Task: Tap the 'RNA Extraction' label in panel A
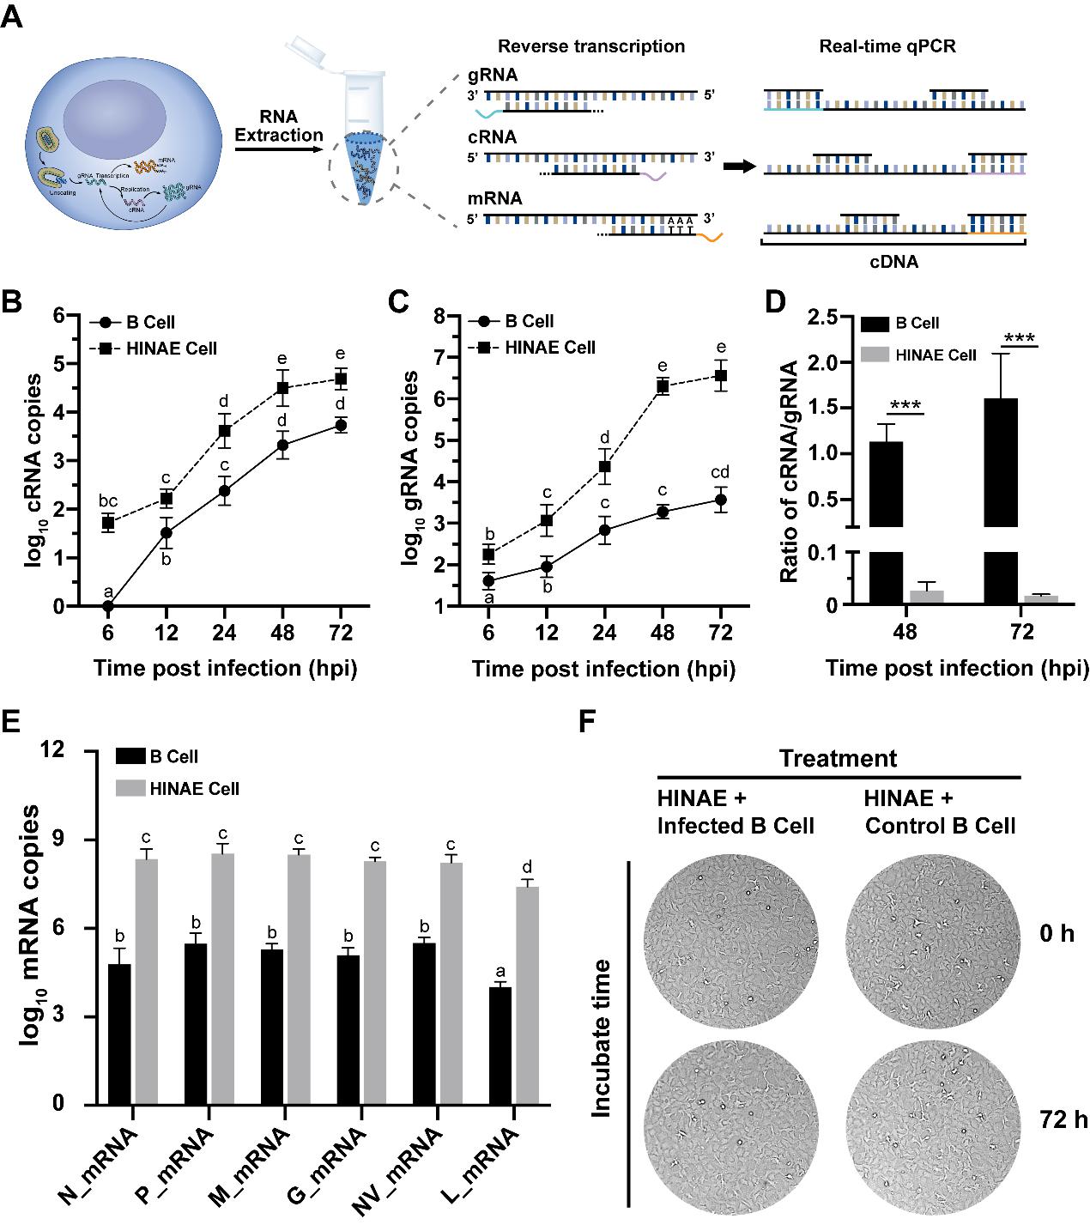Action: click(279, 125)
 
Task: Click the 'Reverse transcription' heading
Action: click(591, 46)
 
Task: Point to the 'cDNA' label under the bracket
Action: click(893, 262)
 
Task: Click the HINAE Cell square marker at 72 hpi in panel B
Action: click(341, 379)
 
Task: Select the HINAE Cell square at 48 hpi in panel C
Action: click(662, 386)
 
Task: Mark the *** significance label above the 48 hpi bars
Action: click(907, 405)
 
